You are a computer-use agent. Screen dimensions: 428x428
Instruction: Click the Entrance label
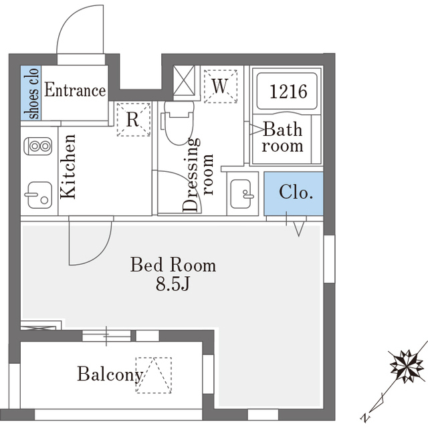click(x=75, y=90)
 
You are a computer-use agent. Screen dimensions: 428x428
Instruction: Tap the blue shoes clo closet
click(x=31, y=93)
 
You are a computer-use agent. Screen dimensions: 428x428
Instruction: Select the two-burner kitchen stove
click(x=38, y=146)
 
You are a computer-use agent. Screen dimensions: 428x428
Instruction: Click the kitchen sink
click(x=39, y=195)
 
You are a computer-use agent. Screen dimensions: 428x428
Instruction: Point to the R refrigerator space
click(x=134, y=120)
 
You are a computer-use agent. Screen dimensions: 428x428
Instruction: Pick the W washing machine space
click(x=221, y=86)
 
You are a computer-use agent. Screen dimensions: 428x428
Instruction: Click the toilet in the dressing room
click(x=179, y=122)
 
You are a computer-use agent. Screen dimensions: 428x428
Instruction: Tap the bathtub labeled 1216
click(x=287, y=91)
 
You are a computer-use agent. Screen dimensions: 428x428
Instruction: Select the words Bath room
click(x=282, y=137)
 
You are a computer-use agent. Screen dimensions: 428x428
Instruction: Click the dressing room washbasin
click(x=241, y=194)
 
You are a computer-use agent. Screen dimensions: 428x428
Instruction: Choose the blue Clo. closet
click(x=294, y=193)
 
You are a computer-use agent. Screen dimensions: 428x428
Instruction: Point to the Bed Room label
click(x=173, y=265)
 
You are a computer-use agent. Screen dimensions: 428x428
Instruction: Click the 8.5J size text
click(x=173, y=284)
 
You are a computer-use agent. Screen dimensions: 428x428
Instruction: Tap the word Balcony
click(x=110, y=374)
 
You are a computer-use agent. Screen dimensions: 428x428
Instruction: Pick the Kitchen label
click(x=68, y=167)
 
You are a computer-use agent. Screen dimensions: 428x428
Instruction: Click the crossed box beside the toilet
click(x=185, y=80)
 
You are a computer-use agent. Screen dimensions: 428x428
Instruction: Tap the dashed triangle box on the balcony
click(x=154, y=375)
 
